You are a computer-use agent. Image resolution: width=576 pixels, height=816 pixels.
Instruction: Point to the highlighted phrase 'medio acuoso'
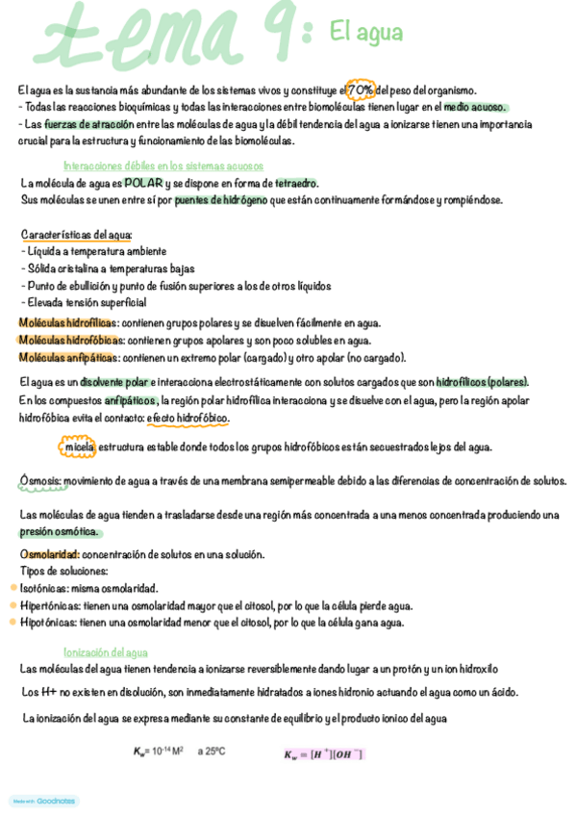[x=475, y=108]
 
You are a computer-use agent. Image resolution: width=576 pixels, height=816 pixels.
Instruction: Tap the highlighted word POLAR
[x=142, y=183]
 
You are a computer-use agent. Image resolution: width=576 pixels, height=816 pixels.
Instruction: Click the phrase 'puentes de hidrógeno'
[x=221, y=200]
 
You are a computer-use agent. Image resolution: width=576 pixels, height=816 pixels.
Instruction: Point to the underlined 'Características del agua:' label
[x=77, y=235]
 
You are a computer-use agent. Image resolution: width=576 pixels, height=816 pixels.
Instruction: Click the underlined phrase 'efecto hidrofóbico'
[x=188, y=419]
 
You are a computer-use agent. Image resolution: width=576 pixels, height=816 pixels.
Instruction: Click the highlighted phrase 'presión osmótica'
[x=59, y=532]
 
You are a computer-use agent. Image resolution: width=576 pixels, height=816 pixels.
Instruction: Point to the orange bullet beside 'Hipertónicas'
[x=13, y=605]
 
